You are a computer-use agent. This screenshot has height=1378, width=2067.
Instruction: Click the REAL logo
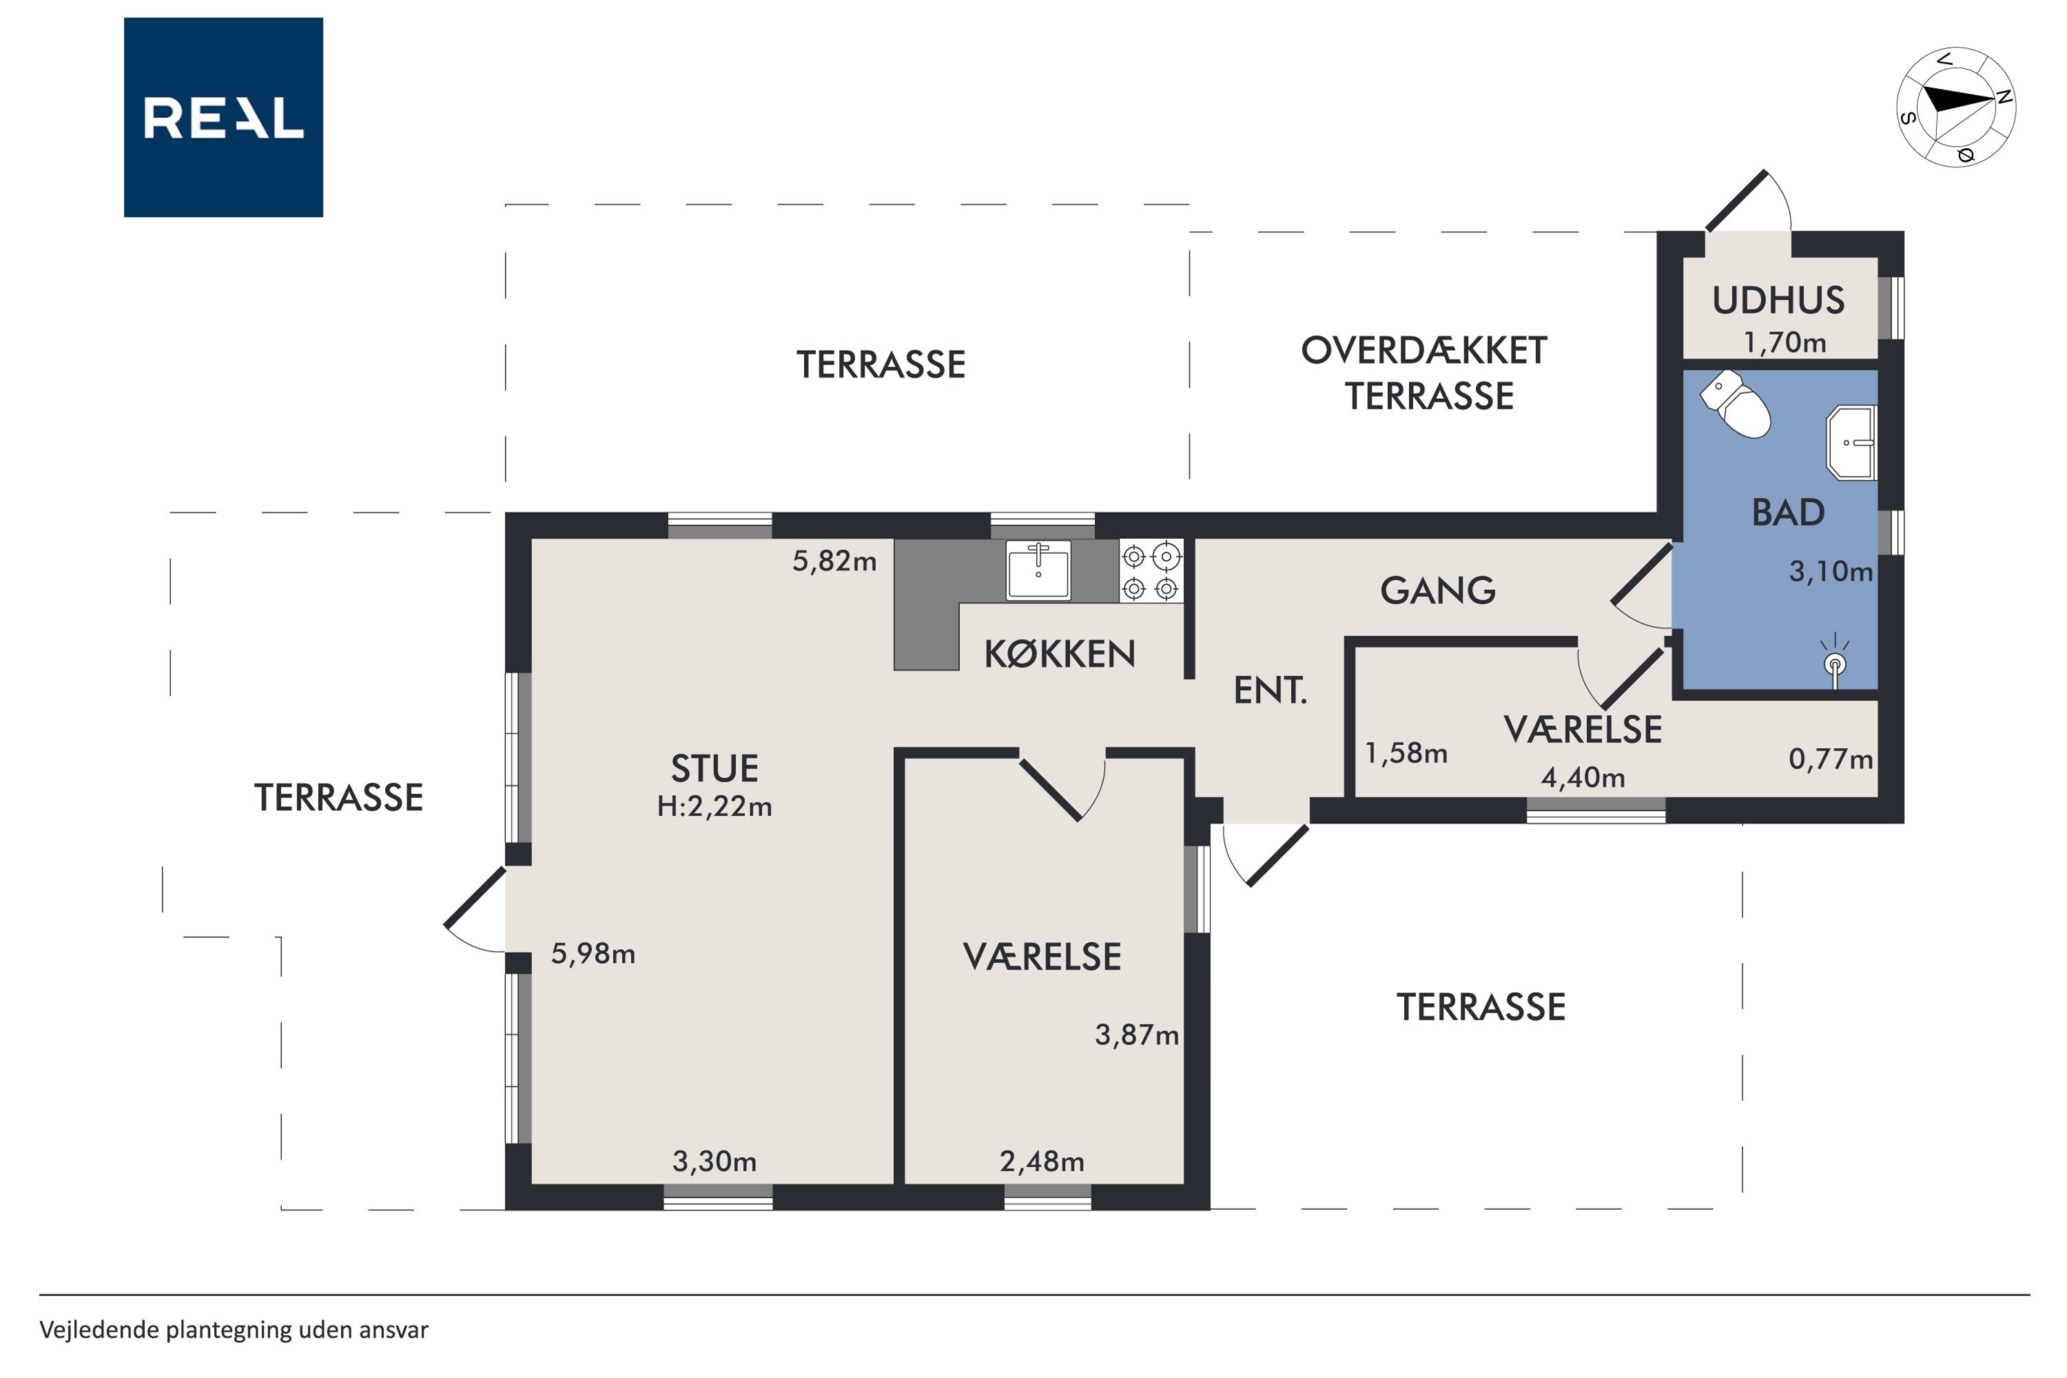(223, 117)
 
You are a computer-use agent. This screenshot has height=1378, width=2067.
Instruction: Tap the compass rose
(1955, 107)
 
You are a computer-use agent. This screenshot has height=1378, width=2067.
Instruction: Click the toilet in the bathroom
(1736, 404)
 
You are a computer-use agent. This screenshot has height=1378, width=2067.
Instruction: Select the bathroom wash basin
(1853, 442)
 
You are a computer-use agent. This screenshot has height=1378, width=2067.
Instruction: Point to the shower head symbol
(1835, 664)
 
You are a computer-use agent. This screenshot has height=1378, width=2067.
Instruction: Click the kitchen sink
(1039, 570)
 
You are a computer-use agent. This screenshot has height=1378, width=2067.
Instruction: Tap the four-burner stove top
(1151, 571)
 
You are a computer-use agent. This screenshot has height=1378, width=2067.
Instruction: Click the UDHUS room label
(1779, 300)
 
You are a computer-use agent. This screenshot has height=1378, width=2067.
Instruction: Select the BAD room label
(1789, 513)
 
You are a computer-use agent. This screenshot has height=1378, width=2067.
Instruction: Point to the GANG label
(1438, 590)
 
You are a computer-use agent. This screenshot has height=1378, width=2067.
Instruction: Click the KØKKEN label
(1060, 654)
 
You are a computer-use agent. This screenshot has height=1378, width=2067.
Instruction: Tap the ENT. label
(1271, 691)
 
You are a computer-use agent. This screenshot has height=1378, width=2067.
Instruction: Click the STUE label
(714, 769)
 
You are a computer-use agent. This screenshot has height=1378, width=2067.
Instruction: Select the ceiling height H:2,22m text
(714, 806)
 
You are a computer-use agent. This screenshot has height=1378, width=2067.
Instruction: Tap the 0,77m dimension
(1831, 759)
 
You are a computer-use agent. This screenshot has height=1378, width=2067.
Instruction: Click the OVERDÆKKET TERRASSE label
(1425, 373)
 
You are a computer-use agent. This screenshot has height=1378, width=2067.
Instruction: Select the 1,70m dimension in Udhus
(1785, 342)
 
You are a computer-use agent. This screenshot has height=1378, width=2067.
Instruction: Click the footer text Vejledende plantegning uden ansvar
(234, 1330)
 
